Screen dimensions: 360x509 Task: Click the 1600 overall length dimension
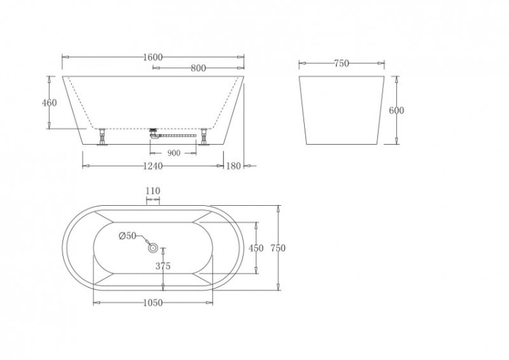[153, 58]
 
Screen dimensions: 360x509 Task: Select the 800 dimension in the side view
[198, 68]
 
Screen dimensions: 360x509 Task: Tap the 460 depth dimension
[50, 103]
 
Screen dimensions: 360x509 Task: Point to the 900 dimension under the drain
[174, 154]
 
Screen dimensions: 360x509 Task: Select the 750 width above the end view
[341, 64]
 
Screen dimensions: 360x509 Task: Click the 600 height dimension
[396, 111]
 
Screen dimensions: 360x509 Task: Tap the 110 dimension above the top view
[153, 192]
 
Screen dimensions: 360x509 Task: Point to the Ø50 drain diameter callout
[128, 236]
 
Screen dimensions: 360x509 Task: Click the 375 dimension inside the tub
[163, 266]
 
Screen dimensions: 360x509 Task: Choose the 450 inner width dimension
[256, 249]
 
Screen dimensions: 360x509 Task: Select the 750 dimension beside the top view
[278, 249]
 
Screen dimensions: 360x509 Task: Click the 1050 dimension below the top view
[153, 303]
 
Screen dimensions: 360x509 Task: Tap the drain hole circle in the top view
[153, 247]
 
